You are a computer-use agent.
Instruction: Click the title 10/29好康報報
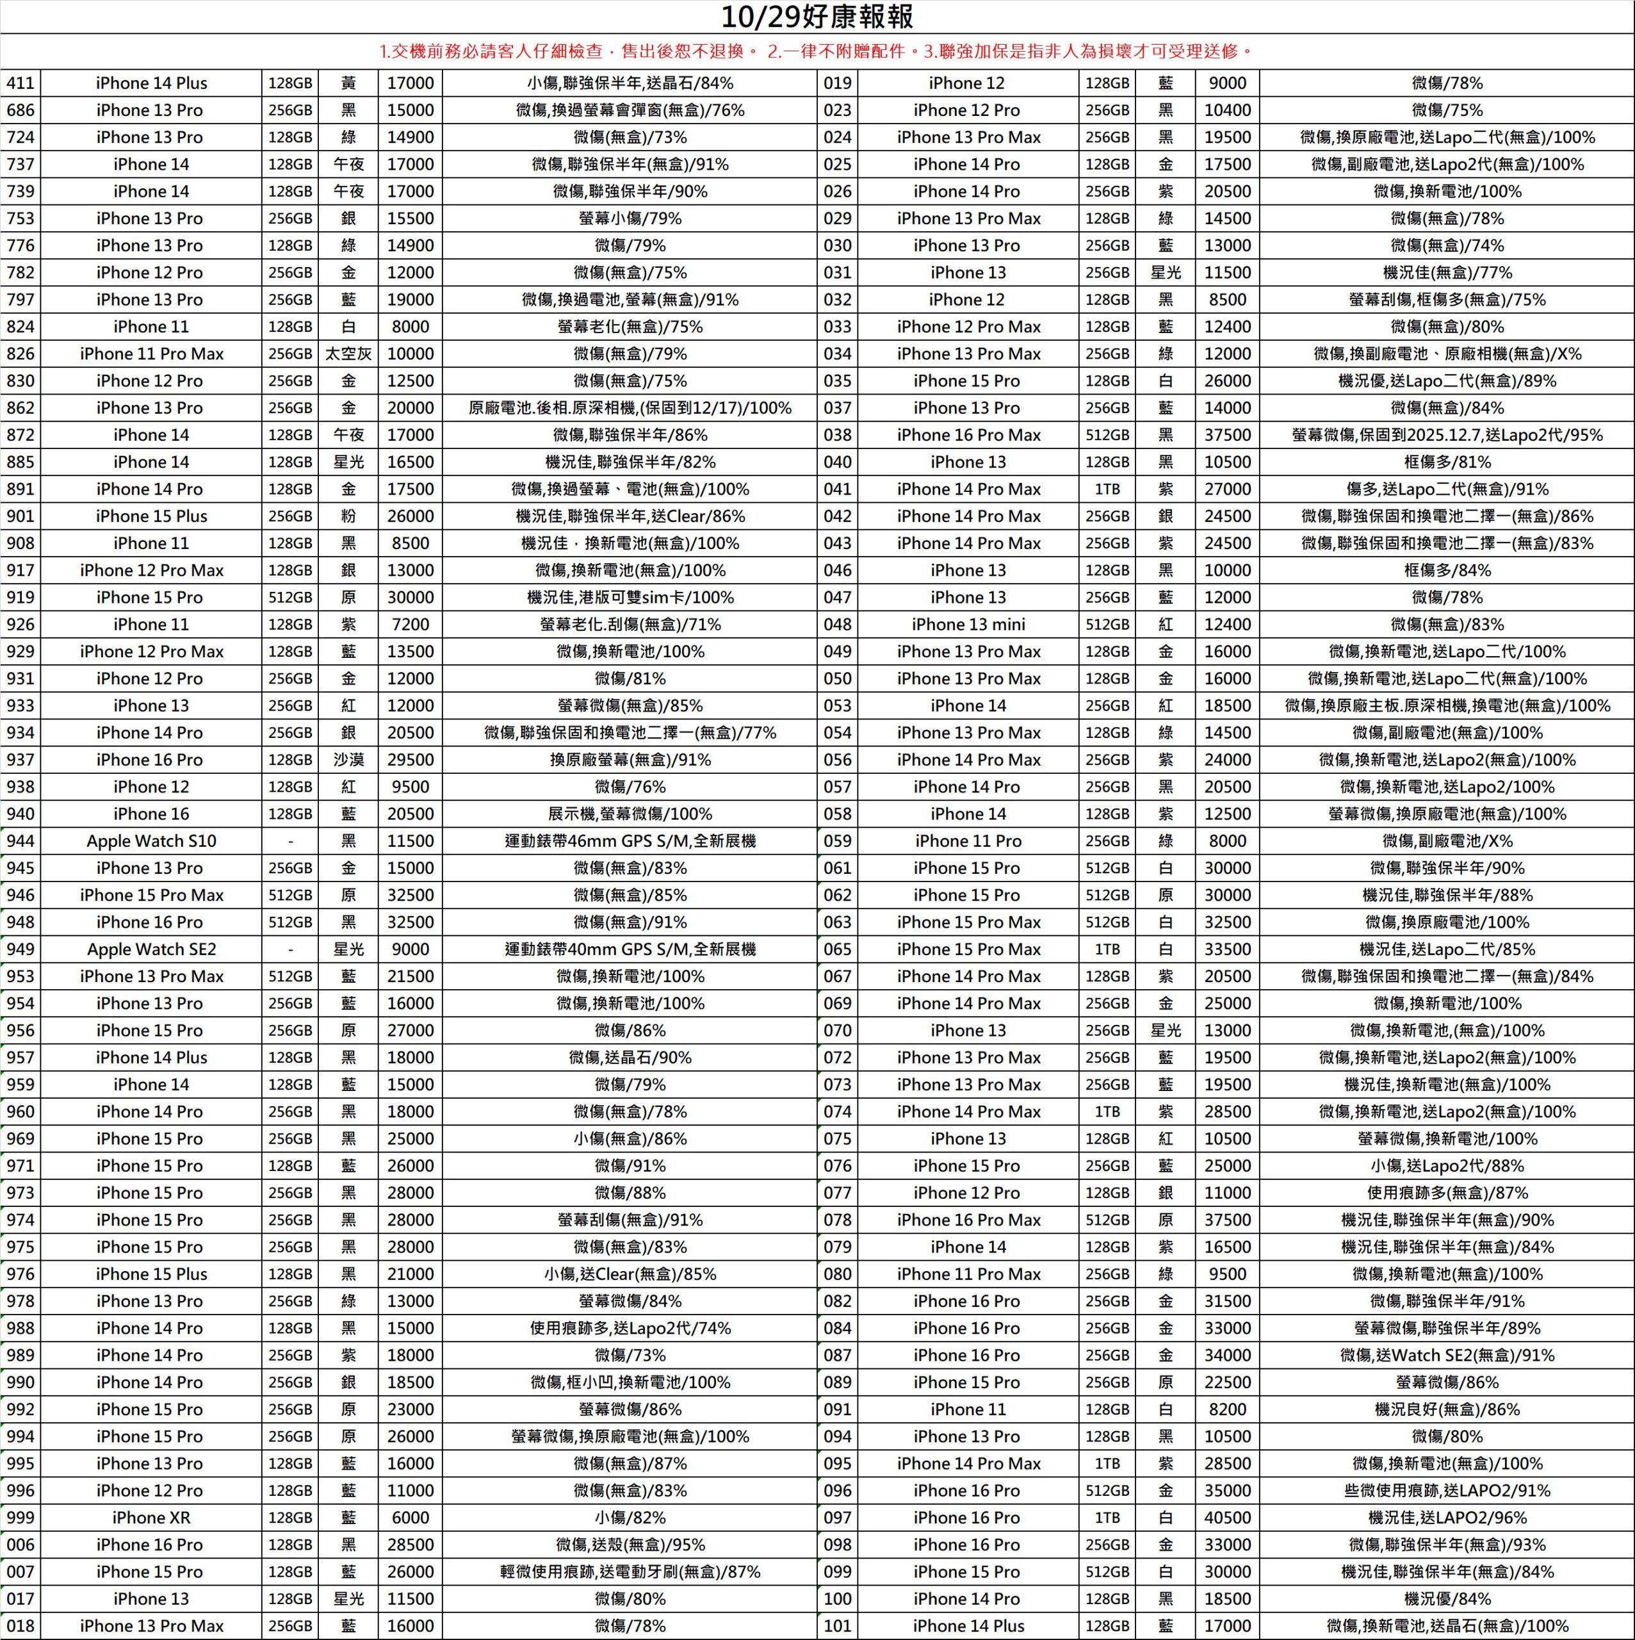(x=817, y=17)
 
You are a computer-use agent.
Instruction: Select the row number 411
(x=20, y=83)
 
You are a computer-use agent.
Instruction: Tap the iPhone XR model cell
(x=151, y=1517)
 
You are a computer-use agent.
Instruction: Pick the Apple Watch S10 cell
(x=151, y=841)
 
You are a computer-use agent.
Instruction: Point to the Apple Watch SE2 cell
(x=151, y=949)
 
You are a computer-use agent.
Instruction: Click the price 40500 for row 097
(x=1227, y=1517)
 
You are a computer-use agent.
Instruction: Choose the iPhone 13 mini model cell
(x=968, y=625)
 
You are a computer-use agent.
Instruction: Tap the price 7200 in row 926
(x=410, y=625)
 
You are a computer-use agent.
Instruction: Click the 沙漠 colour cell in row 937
(x=348, y=760)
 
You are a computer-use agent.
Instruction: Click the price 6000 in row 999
(x=410, y=1517)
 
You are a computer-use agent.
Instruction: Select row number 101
(x=838, y=1625)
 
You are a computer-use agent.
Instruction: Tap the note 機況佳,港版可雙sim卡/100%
(x=630, y=598)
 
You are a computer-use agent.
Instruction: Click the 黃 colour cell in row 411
(x=348, y=83)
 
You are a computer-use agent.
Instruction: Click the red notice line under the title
(x=817, y=52)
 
